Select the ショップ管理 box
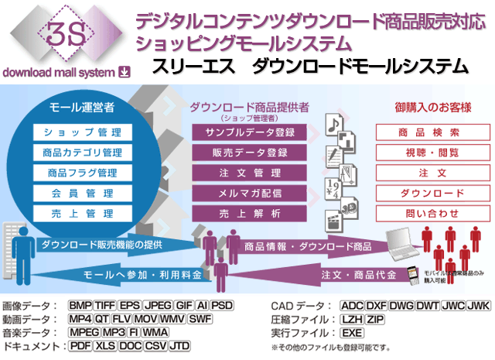pos(78,133)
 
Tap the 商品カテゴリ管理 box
pos(78,153)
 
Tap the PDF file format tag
pos(80,345)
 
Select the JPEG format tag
pos(159,305)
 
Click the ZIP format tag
pos(374,319)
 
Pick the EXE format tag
pos(352,332)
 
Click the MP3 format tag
pos(114,332)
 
